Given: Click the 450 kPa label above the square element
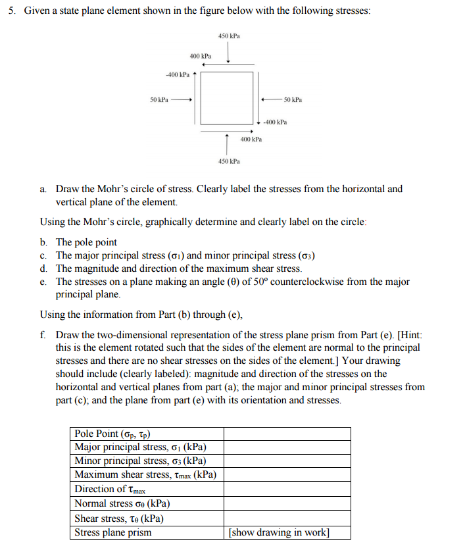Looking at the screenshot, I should tap(228, 36).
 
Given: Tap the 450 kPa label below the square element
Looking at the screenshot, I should tap(228, 161).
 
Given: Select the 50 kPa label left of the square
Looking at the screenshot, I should tap(159, 99).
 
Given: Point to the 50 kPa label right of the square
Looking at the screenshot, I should tap(293, 99).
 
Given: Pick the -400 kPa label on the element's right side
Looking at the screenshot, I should tap(275, 122).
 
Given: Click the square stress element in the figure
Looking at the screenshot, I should tap(227, 97).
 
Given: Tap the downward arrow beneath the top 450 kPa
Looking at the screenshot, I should tap(228, 53).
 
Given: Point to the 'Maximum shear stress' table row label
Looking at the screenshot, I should tap(145, 475).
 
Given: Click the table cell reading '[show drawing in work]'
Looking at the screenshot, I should tap(278, 532).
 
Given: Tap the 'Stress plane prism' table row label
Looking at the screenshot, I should tap(112, 532).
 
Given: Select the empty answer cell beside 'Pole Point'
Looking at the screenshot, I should tap(287, 434).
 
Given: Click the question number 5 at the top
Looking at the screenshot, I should tap(12, 13).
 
